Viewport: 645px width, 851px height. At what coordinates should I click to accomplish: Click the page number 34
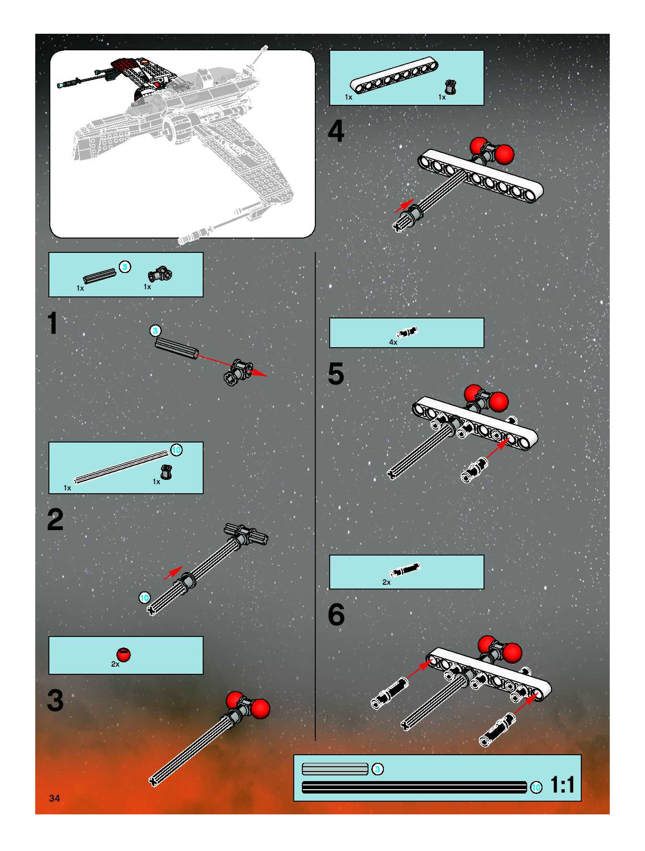[x=54, y=798]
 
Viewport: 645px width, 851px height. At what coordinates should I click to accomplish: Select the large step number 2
[x=55, y=520]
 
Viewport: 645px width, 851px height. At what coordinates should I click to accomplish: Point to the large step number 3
[x=55, y=701]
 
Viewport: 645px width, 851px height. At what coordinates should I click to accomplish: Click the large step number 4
[x=336, y=131]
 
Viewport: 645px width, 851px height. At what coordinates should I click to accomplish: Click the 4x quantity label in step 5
[x=393, y=342]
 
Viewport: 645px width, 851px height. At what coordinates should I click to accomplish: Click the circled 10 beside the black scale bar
[x=536, y=788]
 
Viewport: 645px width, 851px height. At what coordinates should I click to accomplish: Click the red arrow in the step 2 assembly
[x=173, y=573]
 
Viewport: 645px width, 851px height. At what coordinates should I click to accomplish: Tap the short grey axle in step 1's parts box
[x=100, y=275]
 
